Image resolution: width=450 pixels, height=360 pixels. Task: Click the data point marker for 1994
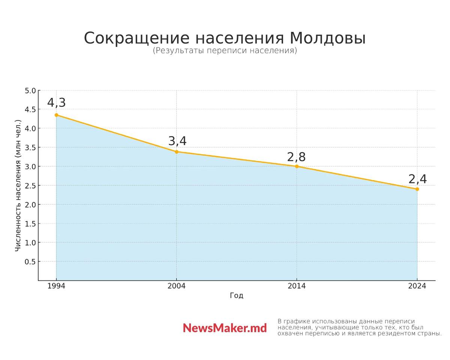coord(56,115)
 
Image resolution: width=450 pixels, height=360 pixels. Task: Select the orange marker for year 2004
coord(177,152)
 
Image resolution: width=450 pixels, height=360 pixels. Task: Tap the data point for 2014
coord(297,166)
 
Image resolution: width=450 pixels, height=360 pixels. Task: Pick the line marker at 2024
coord(417,189)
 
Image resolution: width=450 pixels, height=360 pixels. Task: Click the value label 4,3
coord(56,103)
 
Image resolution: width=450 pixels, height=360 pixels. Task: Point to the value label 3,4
coord(177,141)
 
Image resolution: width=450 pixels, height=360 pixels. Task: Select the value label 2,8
coord(296,157)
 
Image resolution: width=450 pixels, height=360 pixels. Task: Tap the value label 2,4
coord(417,179)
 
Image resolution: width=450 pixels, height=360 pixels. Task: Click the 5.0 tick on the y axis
coord(30,91)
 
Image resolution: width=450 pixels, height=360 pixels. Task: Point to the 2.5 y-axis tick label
coord(30,186)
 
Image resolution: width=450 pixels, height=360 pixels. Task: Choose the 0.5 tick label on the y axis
coord(30,262)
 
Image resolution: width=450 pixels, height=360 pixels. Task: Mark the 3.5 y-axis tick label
coord(30,148)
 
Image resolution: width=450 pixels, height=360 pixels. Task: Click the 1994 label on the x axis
coord(56,286)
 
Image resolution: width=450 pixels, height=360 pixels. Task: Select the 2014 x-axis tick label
coord(297,286)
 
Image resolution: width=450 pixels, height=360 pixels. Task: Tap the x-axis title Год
coord(237,295)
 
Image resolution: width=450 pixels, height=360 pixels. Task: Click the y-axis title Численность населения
coord(18,186)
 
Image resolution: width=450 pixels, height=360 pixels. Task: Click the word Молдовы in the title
coord(327,38)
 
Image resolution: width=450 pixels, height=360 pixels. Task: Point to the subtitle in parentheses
coord(225,51)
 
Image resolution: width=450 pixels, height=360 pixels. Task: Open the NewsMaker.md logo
coord(225,328)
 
